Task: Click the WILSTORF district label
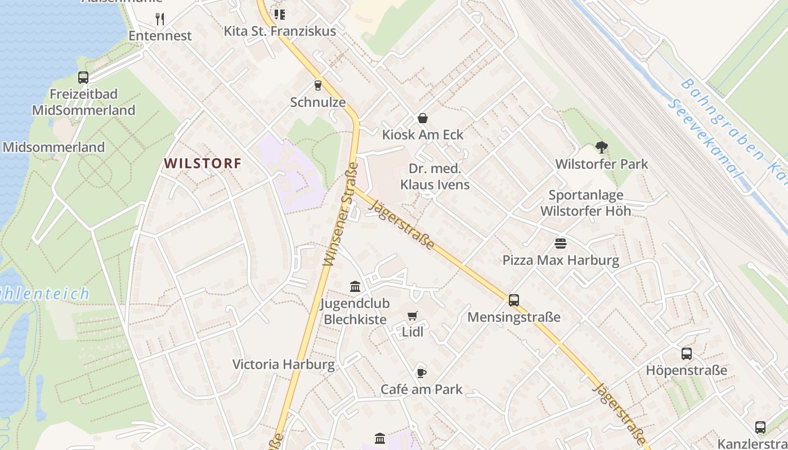(203, 164)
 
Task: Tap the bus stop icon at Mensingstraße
(514, 300)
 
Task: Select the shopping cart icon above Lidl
(413, 316)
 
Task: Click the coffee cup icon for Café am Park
(421, 372)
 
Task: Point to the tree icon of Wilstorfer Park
(602, 148)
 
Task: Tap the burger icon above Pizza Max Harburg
(561, 244)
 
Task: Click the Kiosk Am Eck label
(423, 134)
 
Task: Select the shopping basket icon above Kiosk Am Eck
(422, 118)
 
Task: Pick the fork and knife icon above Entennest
(160, 19)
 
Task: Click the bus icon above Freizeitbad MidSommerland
(83, 78)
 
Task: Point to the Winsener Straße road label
(341, 215)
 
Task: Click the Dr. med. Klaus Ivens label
(435, 177)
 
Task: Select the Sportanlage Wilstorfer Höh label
(586, 203)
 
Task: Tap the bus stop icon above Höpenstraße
(687, 354)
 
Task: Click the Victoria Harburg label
(284, 364)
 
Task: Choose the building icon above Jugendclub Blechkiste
(355, 287)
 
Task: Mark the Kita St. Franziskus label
(280, 31)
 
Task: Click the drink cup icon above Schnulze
(318, 85)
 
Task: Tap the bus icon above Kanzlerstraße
(760, 427)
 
